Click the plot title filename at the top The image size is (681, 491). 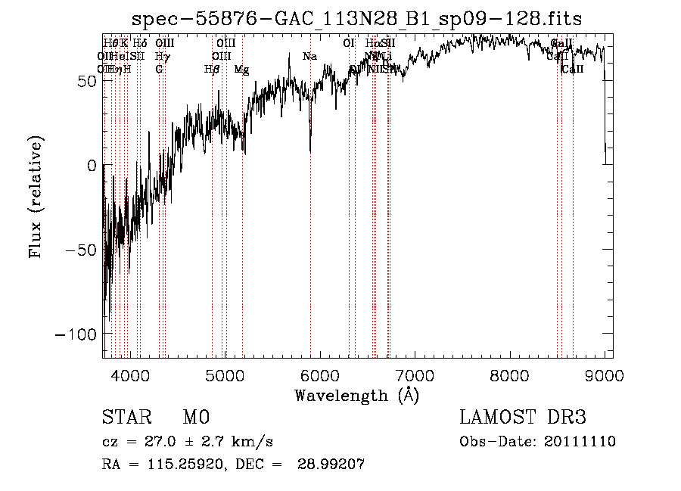(x=356, y=19)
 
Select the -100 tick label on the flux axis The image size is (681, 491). (x=75, y=334)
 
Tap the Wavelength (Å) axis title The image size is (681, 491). (x=356, y=395)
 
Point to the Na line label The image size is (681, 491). (x=309, y=57)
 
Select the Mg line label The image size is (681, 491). (x=241, y=70)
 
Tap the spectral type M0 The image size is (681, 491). (x=196, y=418)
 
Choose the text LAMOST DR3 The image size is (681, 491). (x=523, y=418)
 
